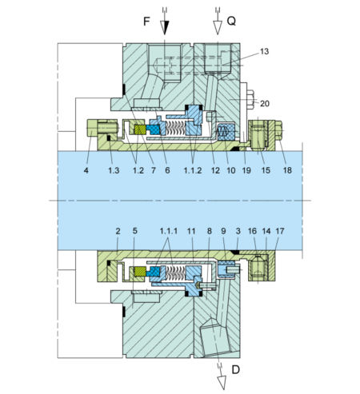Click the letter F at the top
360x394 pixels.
[146, 22]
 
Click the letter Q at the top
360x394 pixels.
[231, 21]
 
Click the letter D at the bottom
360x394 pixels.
[236, 370]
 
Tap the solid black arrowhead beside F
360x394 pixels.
[165, 27]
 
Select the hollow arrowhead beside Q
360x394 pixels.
[218, 27]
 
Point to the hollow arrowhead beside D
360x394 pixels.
[222, 383]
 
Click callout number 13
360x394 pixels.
[264, 51]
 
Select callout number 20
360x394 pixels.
[265, 103]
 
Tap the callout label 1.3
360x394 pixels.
[114, 170]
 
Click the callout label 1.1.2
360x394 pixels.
[193, 170]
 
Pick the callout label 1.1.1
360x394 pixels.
[169, 231]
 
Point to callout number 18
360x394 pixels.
[287, 170]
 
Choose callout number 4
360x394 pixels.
[86, 170]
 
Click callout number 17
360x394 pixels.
[280, 231]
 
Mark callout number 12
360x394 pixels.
[215, 170]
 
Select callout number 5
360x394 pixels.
[135, 231]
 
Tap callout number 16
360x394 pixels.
[252, 231]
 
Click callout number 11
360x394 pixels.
[191, 231]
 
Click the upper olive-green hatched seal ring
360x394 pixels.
[140, 129]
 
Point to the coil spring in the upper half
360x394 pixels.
[175, 128]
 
